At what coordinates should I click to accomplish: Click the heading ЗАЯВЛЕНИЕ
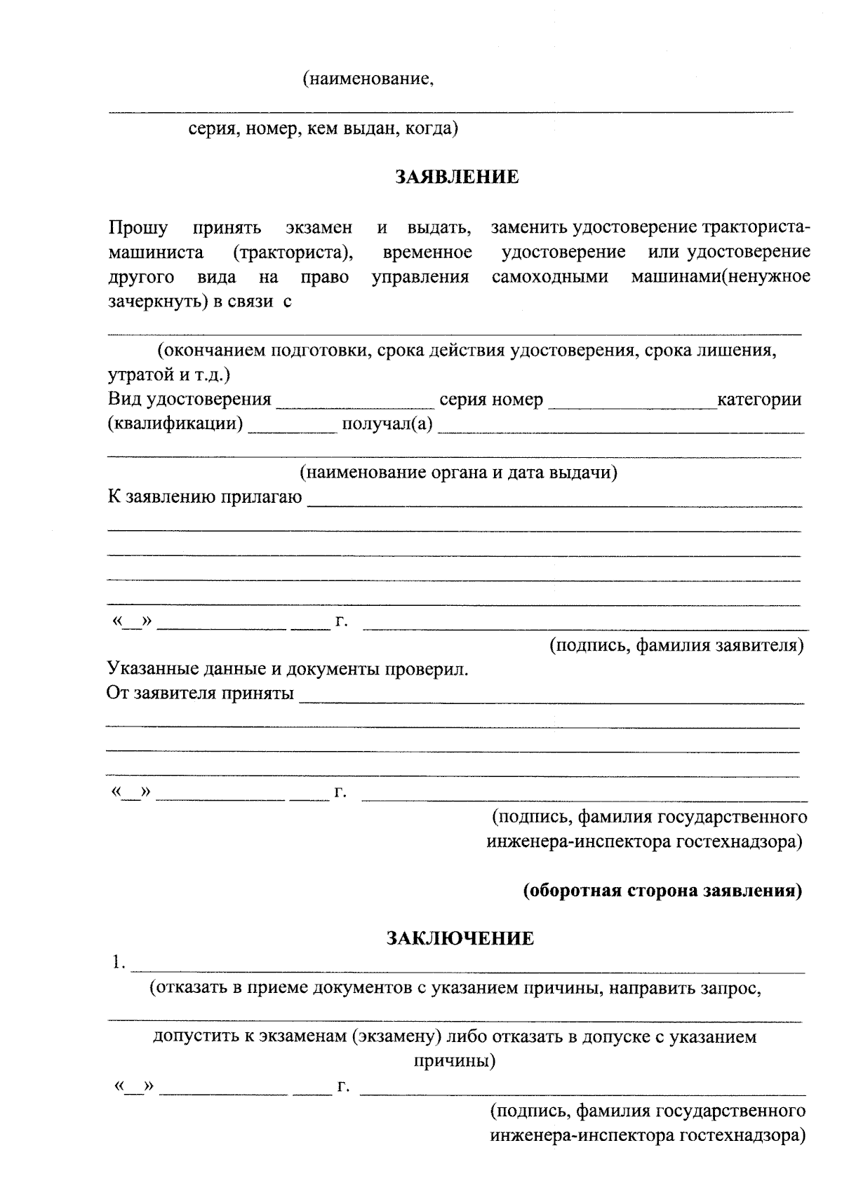[x=457, y=177]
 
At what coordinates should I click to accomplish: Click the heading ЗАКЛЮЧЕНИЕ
[x=460, y=938]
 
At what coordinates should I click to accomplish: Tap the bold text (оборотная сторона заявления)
[x=663, y=891]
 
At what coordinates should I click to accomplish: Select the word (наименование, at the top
[x=368, y=79]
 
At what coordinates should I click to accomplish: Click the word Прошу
[x=138, y=228]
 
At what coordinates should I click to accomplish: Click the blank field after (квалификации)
[x=293, y=428]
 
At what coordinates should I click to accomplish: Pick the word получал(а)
[x=387, y=425]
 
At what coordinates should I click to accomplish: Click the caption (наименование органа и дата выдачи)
[x=459, y=473]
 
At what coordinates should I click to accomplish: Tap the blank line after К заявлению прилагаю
[x=554, y=501]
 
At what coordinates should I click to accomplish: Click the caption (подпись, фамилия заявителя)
[x=676, y=644]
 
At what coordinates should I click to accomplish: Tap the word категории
[x=759, y=400]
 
